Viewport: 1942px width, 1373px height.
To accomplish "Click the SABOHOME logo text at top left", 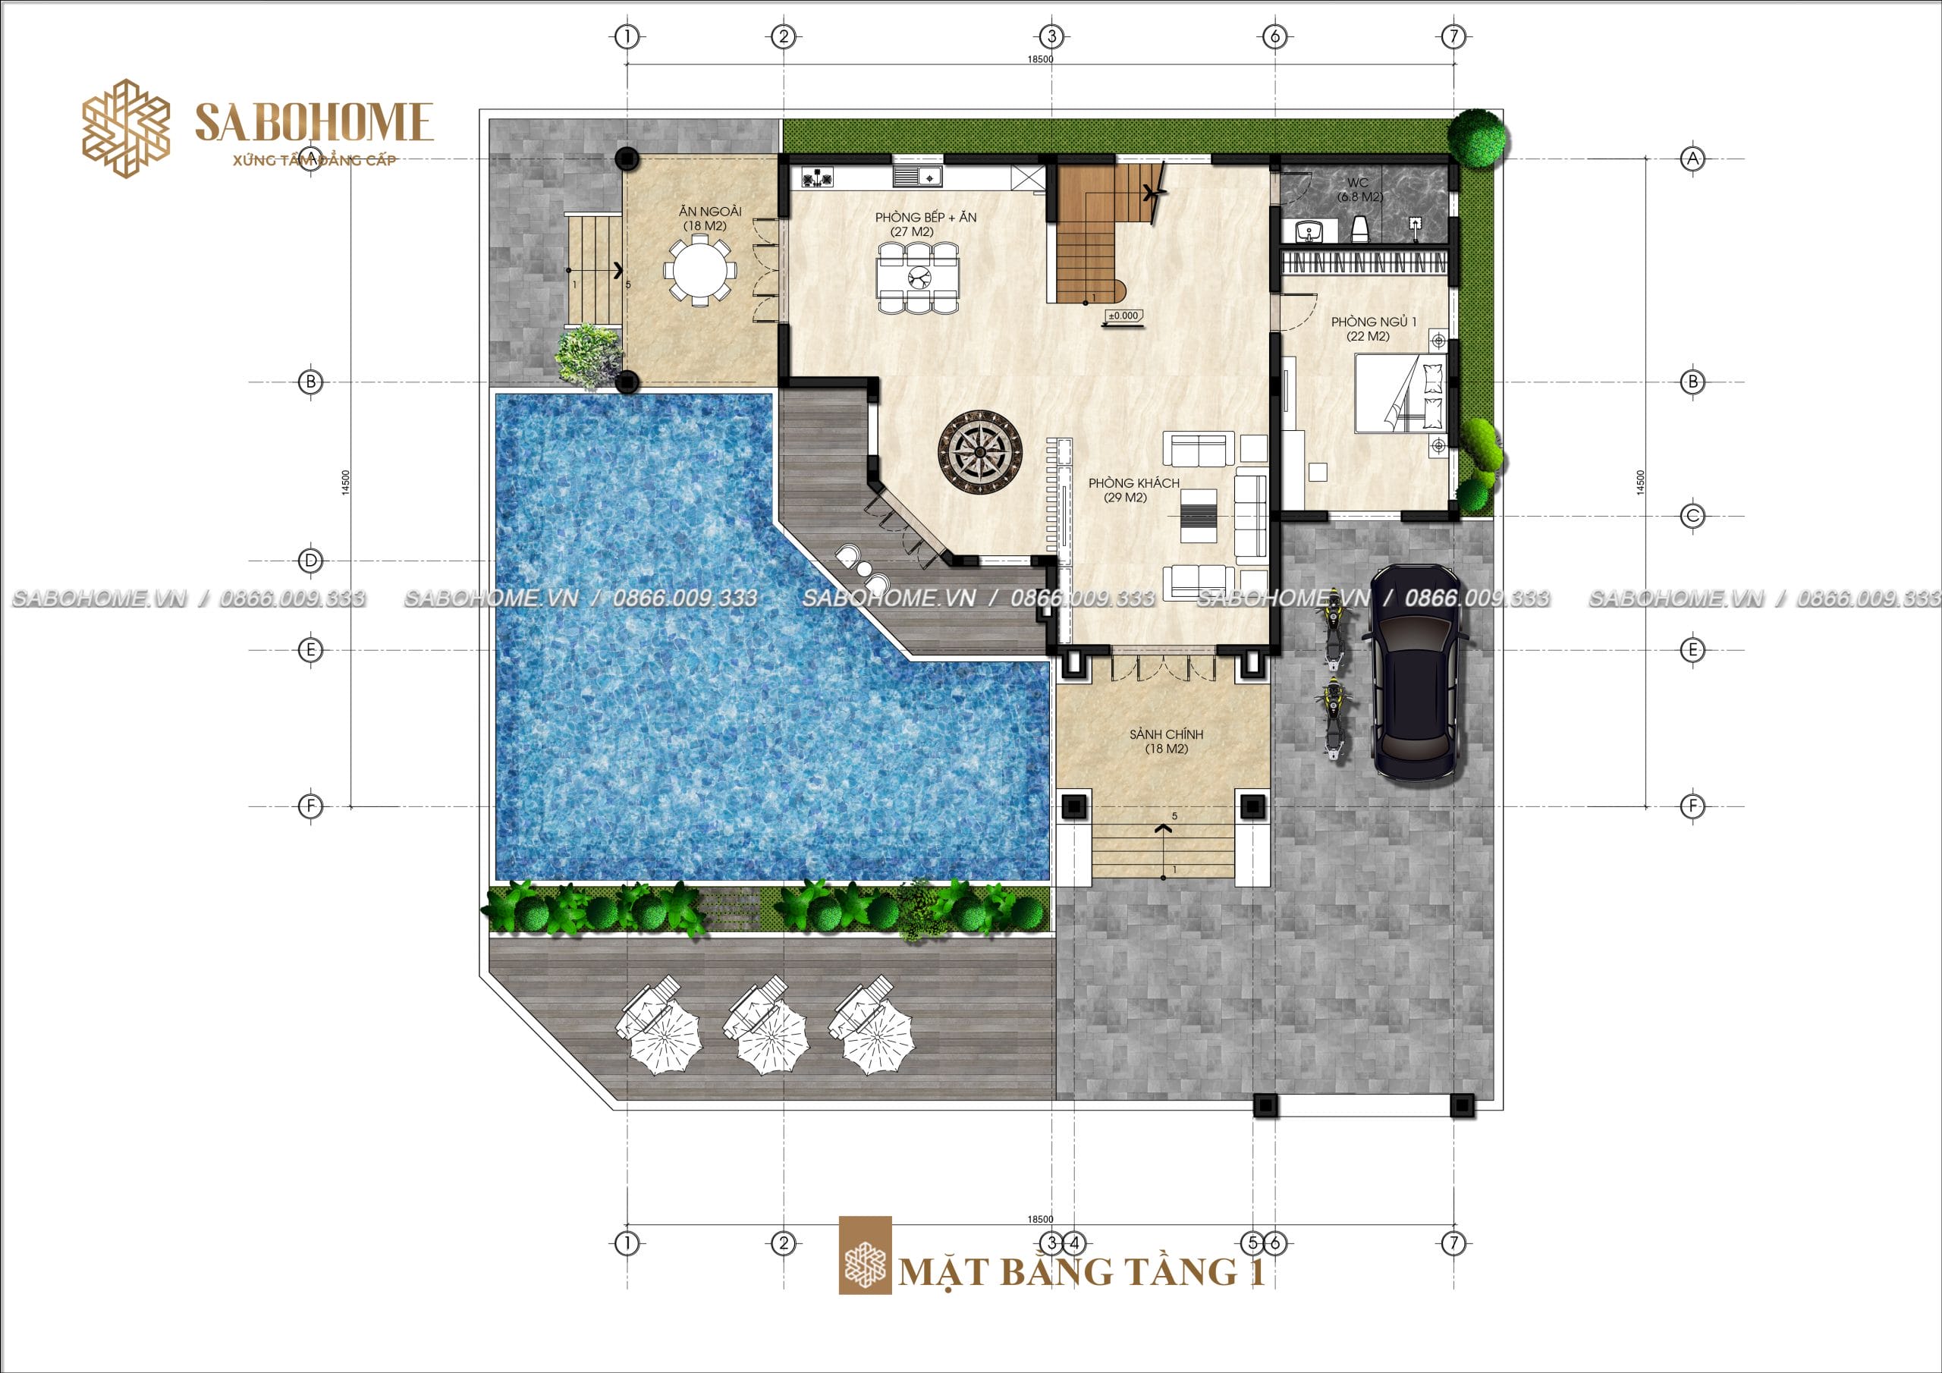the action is click(314, 122).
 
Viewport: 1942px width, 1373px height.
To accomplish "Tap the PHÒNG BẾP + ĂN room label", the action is click(925, 218).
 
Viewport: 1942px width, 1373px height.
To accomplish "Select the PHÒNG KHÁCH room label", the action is click(1133, 483).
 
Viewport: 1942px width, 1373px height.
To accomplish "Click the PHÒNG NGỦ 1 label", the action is click(1374, 322).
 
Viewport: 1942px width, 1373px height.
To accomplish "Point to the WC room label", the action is click(1358, 183).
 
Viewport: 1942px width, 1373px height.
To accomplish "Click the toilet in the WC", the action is click(1360, 229).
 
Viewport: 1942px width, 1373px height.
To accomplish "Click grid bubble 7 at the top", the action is click(1453, 36).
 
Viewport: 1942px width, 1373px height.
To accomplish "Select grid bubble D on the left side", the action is click(310, 560).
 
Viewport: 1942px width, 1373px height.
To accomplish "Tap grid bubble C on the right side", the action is click(1692, 516).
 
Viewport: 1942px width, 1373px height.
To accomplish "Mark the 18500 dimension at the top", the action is click(1040, 59).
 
